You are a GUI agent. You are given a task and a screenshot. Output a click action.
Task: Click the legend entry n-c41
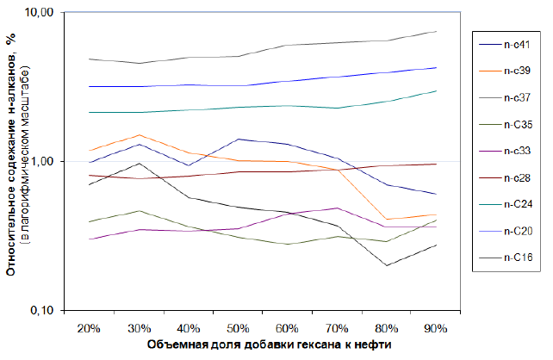click(517, 46)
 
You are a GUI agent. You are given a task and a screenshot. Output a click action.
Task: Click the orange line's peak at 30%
click(139, 135)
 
